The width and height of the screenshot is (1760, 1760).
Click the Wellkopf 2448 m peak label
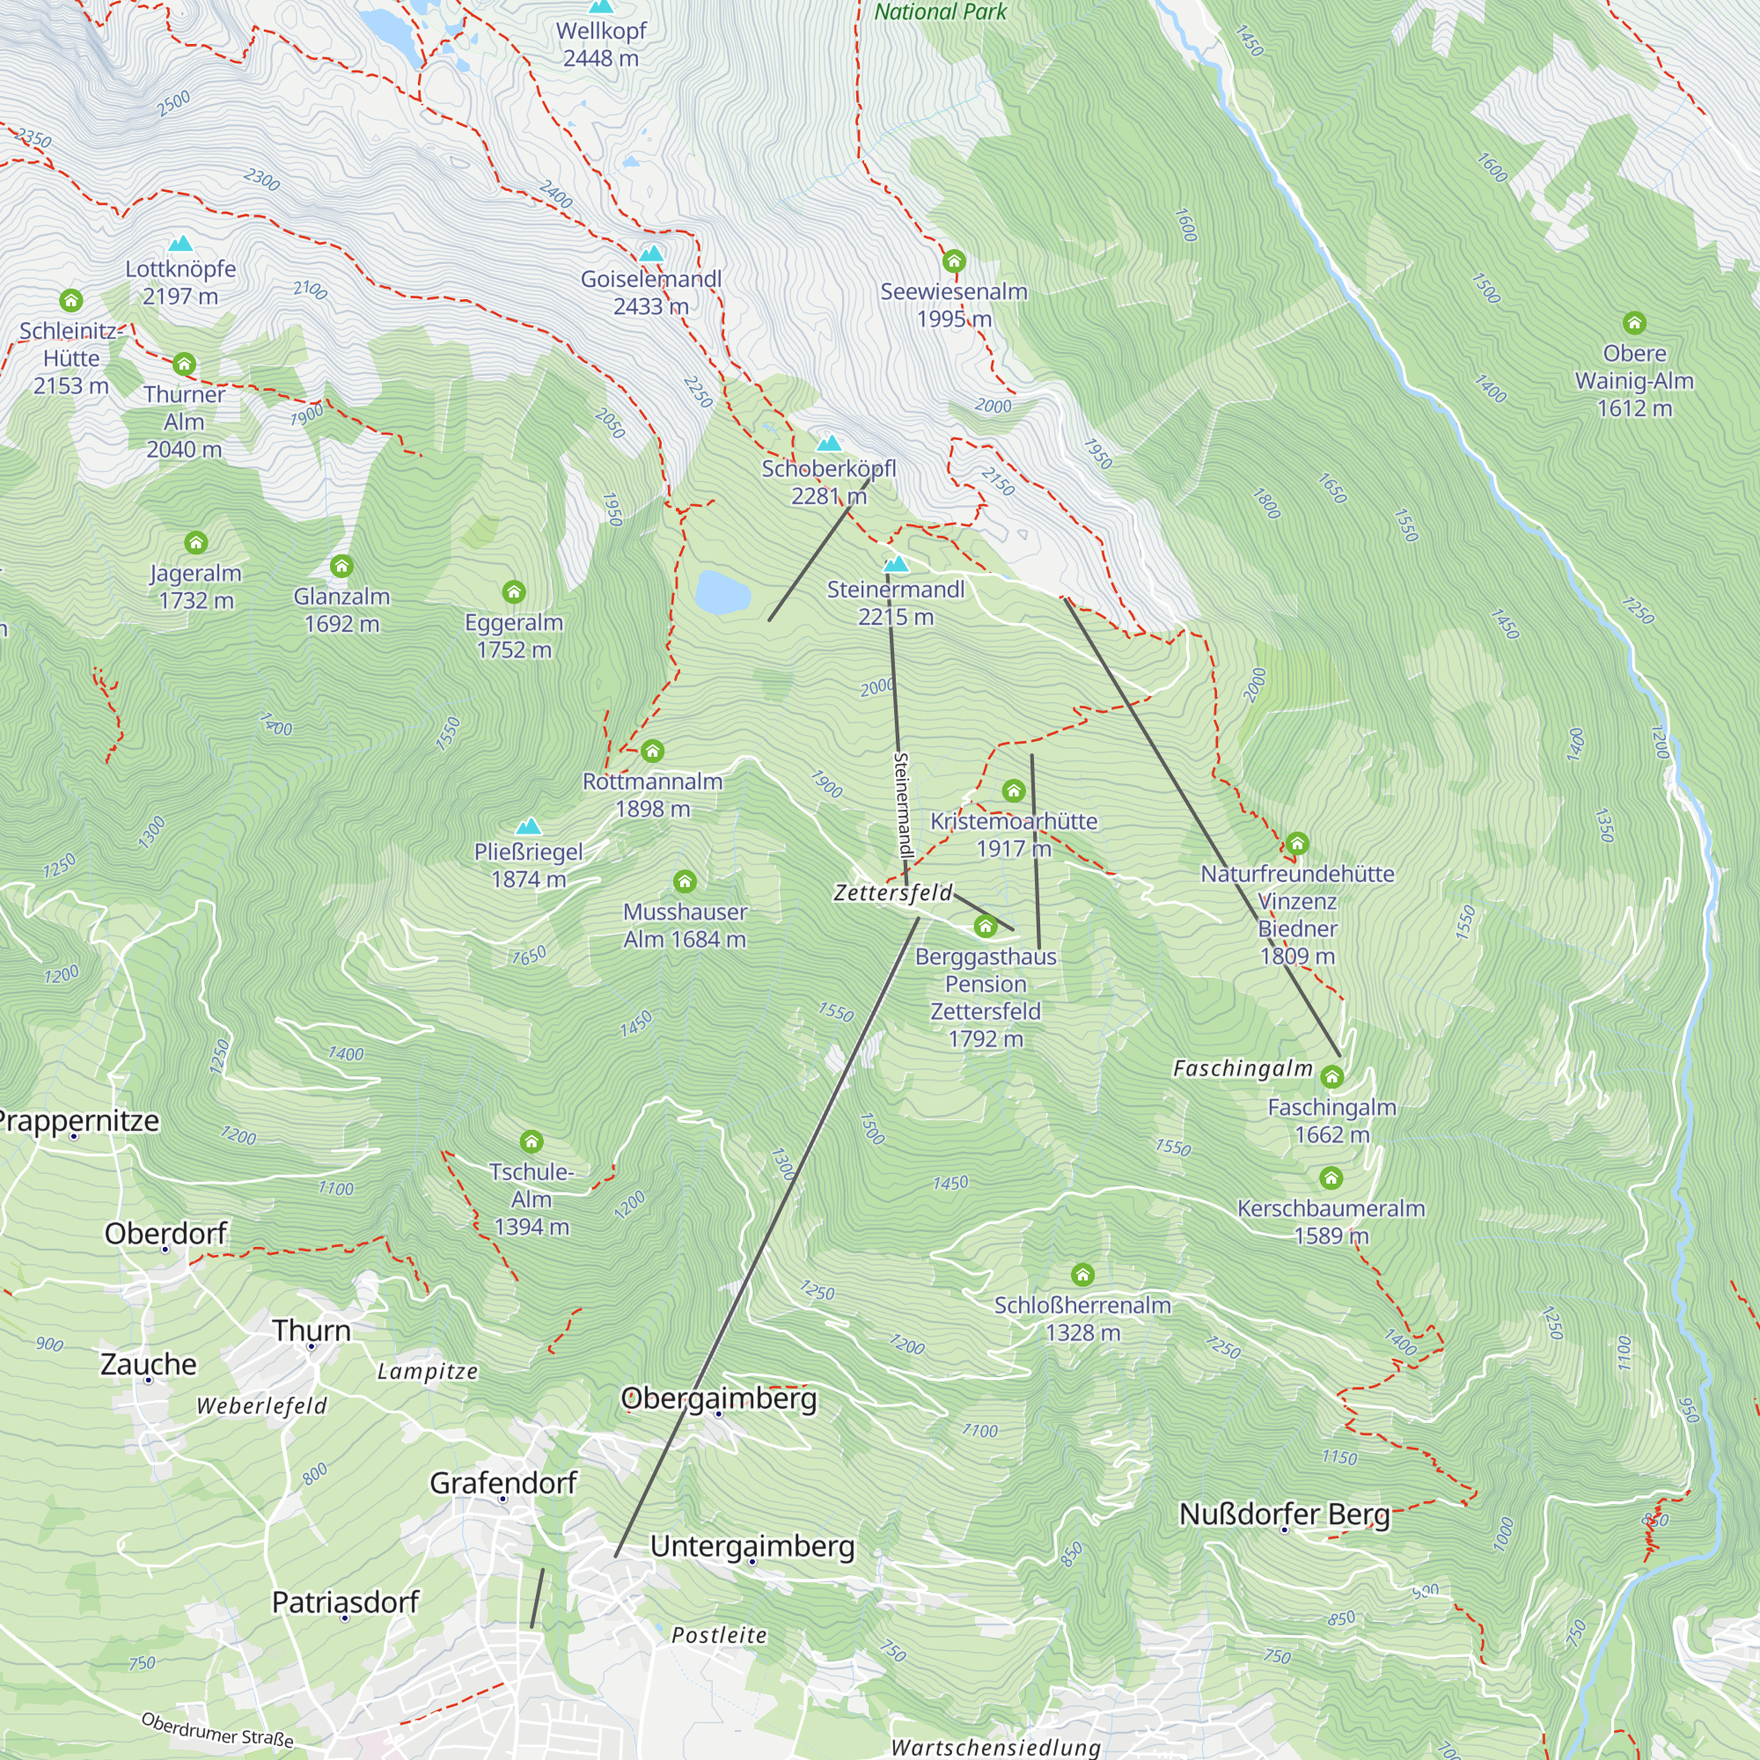click(x=600, y=44)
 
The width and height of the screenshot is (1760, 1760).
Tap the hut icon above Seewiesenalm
click(x=954, y=261)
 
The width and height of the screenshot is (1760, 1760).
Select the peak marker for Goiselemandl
click(x=651, y=253)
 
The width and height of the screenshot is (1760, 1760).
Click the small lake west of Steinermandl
click(x=722, y=592)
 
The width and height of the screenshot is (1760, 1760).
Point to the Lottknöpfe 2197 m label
click(x=180, y=282)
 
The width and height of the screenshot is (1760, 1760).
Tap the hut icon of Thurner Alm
click(x=184, y=364)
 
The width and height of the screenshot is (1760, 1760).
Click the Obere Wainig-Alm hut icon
click(x=1634, y=322)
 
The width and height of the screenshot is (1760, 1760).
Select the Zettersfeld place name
click(x=892, y=892)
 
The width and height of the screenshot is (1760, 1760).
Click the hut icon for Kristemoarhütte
click(x=1013, y=790)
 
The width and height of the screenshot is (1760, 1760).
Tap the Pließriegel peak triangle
click(x=528, y=826)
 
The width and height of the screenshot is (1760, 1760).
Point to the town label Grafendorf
click(x=502, y=1483)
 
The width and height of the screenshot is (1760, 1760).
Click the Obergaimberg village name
click(x=719, y=1397)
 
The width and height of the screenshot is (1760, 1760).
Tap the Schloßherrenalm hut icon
click(x=1082, y=1273)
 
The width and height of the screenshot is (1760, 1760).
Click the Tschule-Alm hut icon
click(x=532, y=1141)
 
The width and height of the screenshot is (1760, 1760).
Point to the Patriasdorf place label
click(x=345, y=1602)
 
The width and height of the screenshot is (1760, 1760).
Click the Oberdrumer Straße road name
click(x=217, y=1729)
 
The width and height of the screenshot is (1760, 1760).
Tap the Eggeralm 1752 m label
click(x=514, y=636)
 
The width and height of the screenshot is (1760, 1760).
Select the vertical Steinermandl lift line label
click(x=902, y=805)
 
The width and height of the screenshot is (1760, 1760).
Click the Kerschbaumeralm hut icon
click(x=1331, y=1178)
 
